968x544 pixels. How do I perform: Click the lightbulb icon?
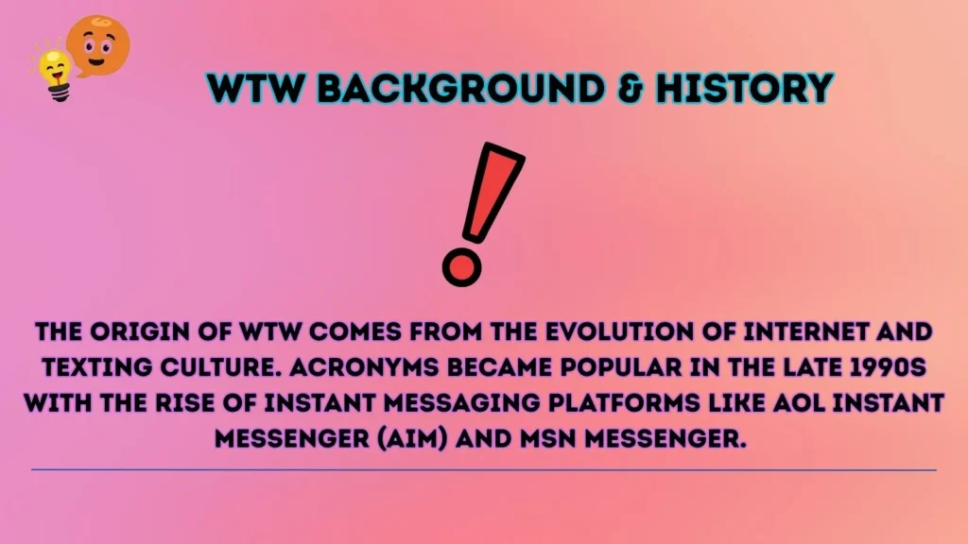(x=55, y=74)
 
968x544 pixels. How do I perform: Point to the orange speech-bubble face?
(x=98, y=43)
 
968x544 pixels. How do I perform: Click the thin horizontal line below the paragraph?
(x=484, y=469)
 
